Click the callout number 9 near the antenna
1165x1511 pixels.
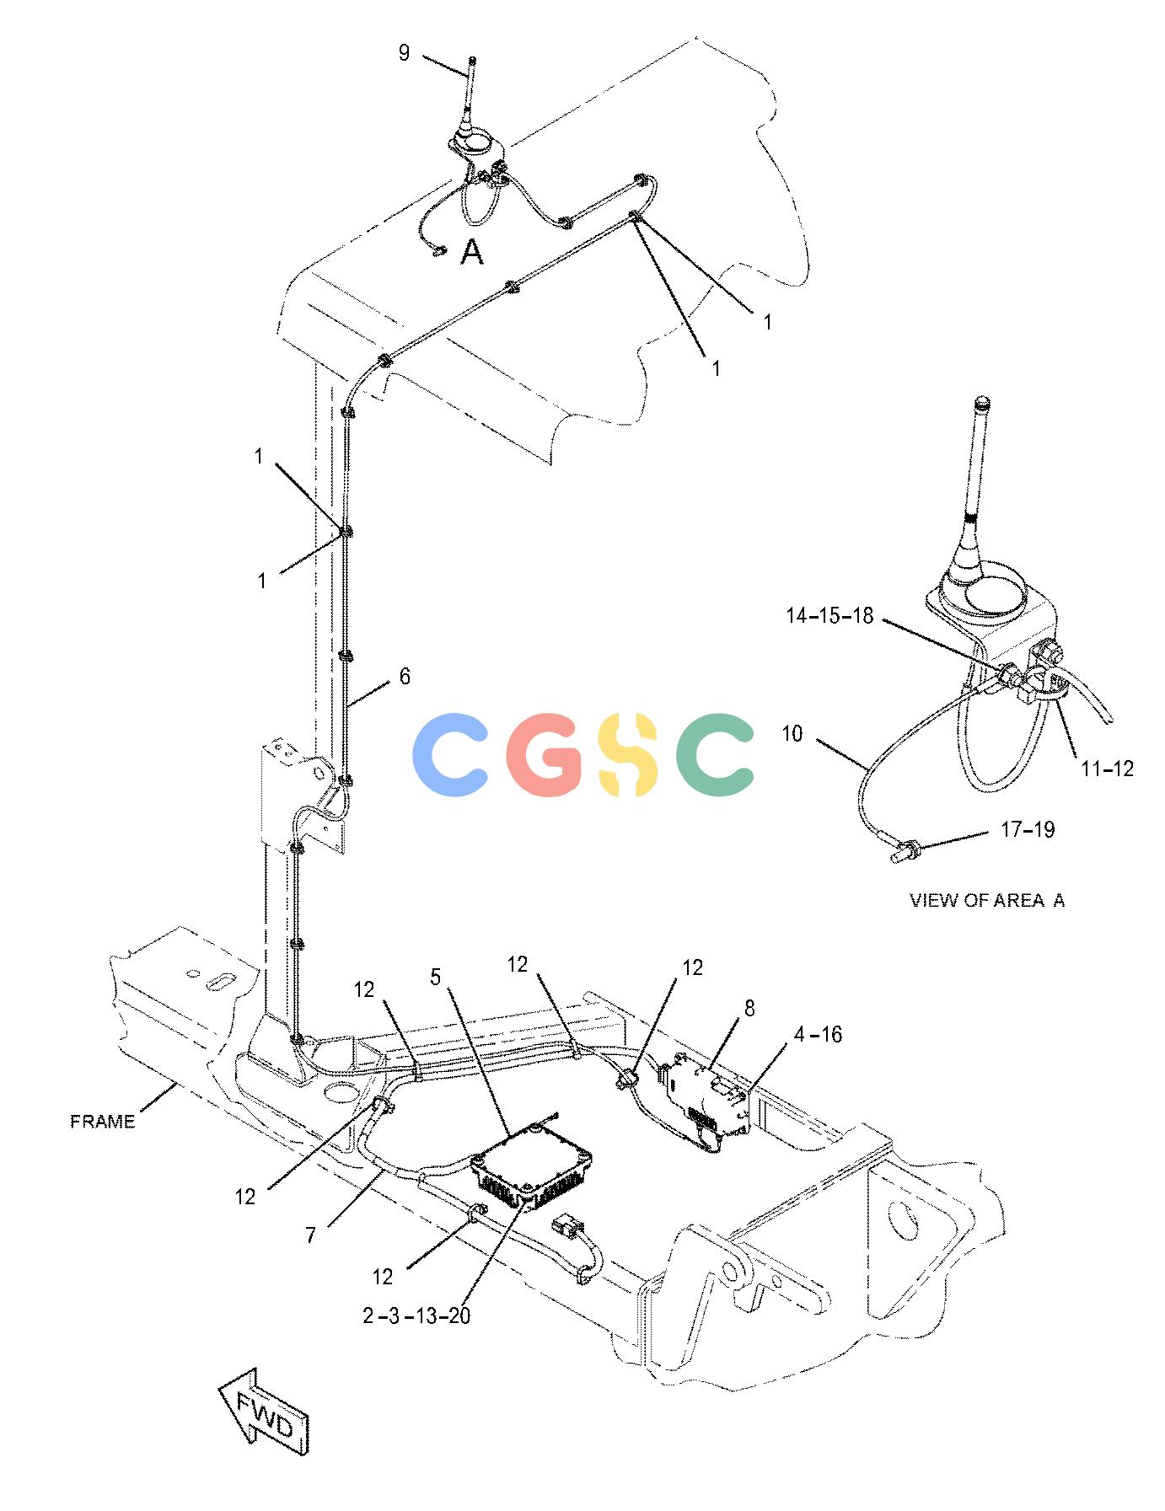click(x=404, y=53)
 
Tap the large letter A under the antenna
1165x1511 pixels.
click(x=472, y=252)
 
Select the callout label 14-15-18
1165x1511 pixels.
click(x=829, y=615)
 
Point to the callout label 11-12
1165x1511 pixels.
click(x=1107, y=769)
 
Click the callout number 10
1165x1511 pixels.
click(x=792, y=734)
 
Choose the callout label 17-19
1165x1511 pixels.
click(x=1028, y=829)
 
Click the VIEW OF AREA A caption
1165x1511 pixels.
click(x=987, y=900)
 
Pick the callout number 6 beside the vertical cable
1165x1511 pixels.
click(x=405, y=676)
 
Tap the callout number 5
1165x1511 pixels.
click(x=435, y=977)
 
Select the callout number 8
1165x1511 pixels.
click(x=749, y=1008)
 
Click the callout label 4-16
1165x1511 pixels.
click(x=817, y=1034)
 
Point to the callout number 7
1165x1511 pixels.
click(x=311, y=1235)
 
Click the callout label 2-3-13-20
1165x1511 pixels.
click(x=416, y=1315)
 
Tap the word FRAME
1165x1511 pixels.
click(x=102, y=1122)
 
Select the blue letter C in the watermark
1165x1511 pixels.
click(x=449, y=755)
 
